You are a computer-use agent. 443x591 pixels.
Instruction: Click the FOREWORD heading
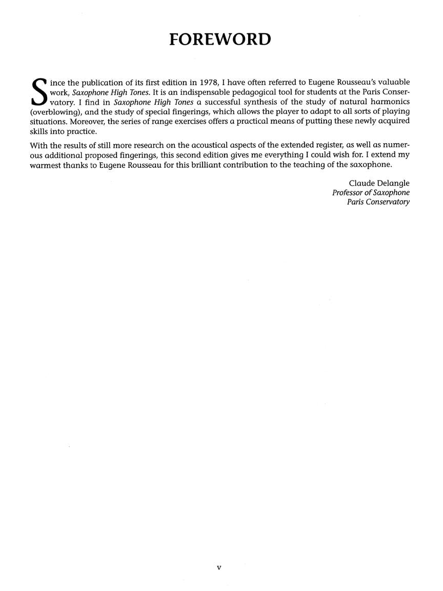click(x=220, y=39)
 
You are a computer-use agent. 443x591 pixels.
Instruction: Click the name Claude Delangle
click(x=379, y=183)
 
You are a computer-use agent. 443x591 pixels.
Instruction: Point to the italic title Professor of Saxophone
click(x=371, y=192)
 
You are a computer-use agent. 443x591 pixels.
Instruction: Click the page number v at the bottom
click(x=219, y=568)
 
